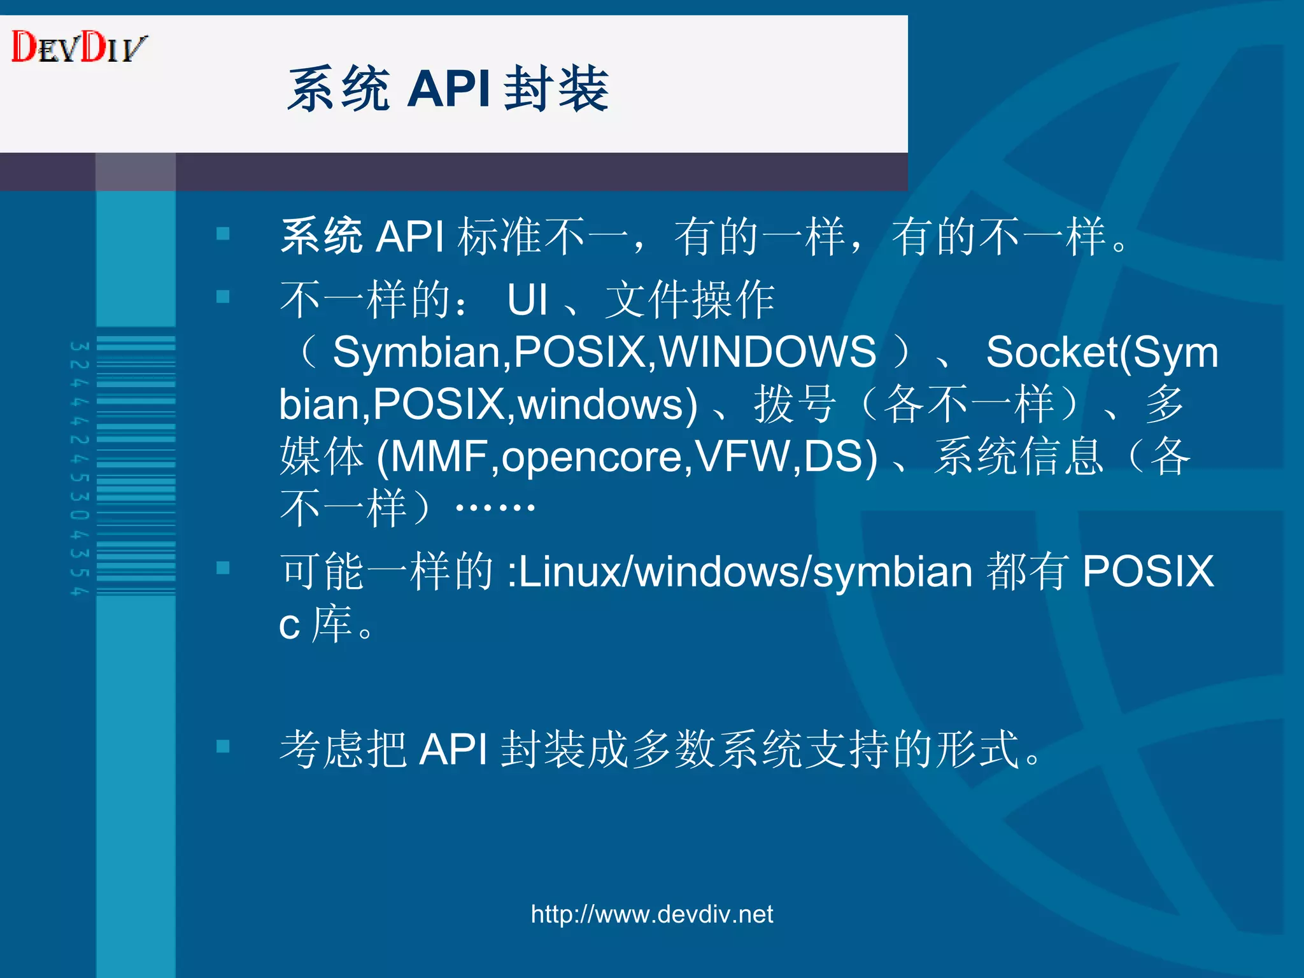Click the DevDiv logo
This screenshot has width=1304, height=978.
[79, 47]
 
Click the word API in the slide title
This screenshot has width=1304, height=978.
[448, 89]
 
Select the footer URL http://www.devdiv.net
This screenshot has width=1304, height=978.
[651, 914]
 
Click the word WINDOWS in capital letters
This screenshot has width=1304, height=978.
[767, 352]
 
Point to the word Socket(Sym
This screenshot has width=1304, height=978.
[1102, 352]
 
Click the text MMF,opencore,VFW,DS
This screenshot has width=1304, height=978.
[627, 457]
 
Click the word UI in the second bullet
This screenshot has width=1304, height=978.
[527, 300]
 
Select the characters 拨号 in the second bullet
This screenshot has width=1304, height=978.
[795, 404]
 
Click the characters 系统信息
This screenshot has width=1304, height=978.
[1018, 457]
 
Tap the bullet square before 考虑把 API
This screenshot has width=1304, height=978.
[223, 746]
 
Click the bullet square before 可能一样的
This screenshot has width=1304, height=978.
[223, 568]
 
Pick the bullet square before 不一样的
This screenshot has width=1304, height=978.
[223, 297]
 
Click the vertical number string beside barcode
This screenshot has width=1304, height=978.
[79, 468]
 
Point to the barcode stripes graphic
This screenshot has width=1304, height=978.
[136, 465]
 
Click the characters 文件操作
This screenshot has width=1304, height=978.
[690, 300]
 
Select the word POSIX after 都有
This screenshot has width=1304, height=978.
[1147, 571]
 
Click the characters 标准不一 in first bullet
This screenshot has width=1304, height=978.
[542, 237]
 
